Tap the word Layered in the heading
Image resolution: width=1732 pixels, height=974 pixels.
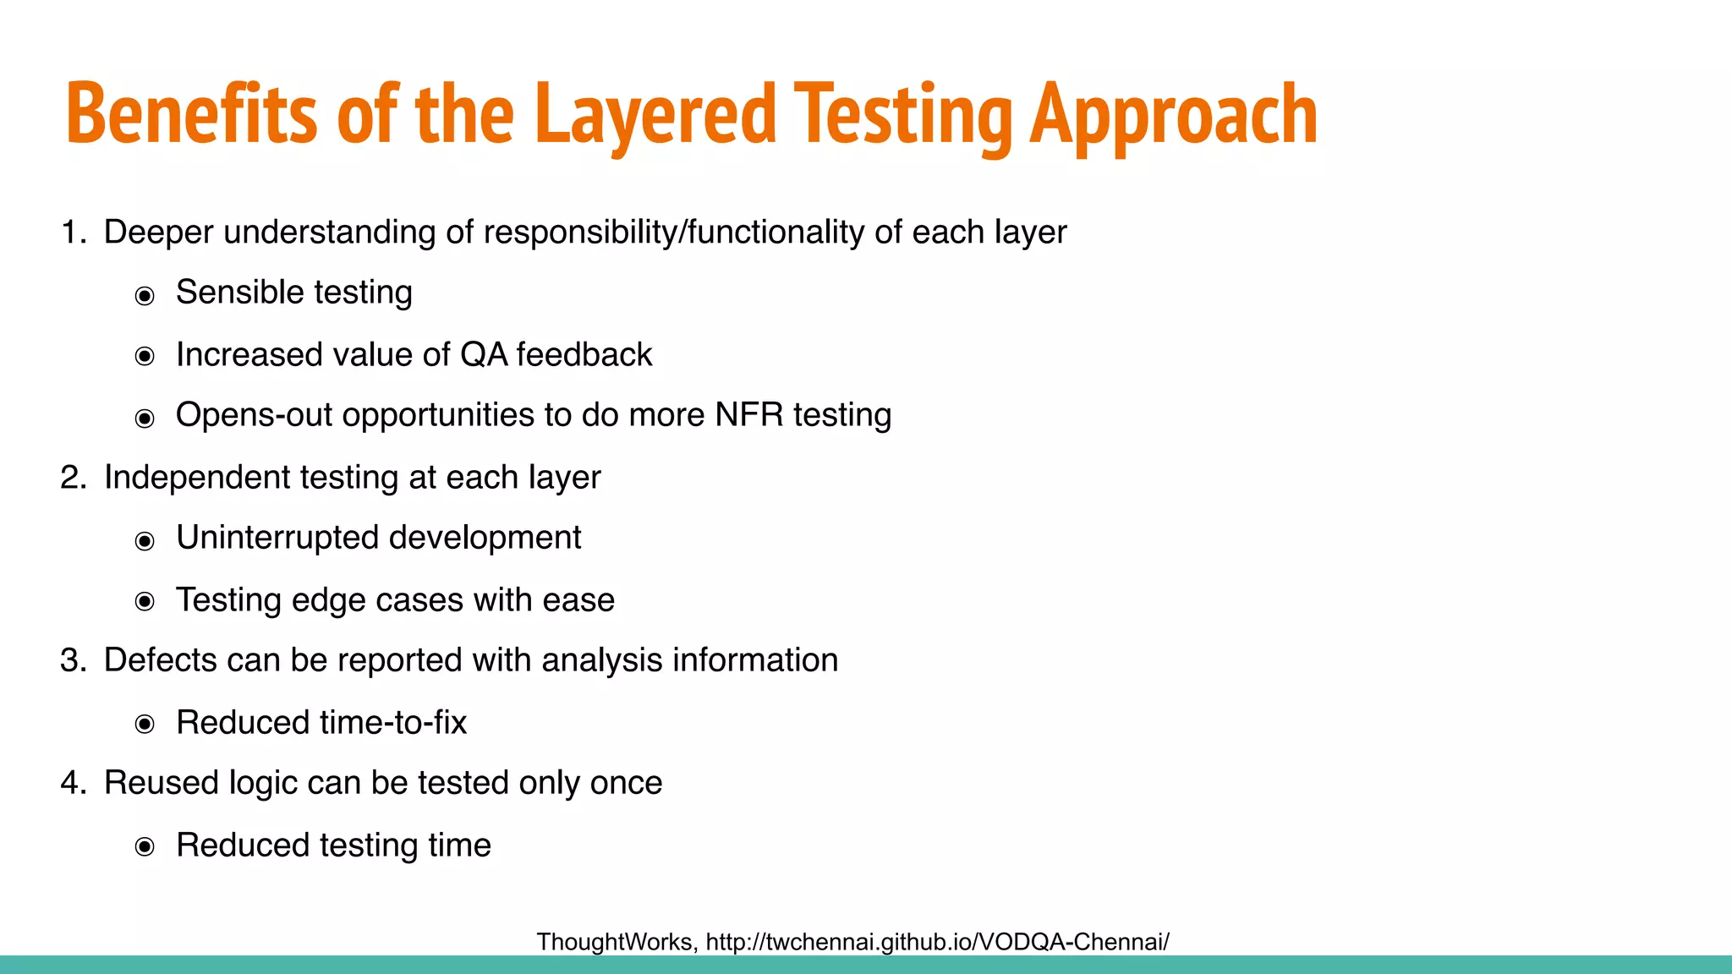click(655, 114)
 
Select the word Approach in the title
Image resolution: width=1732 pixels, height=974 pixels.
click(1174, 114)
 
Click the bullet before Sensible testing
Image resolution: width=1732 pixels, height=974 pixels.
click(145, 296)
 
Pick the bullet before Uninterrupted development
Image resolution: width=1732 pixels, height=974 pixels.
click(145, 541)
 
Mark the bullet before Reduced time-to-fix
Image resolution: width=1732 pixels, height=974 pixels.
click(145, 725)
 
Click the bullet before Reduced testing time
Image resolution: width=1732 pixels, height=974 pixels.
click(145, 847)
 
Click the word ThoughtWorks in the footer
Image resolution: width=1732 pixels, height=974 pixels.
click(617, 942)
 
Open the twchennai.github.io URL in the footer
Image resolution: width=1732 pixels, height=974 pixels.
click(937, 942)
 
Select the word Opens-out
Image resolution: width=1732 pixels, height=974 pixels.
click(254, 415)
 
